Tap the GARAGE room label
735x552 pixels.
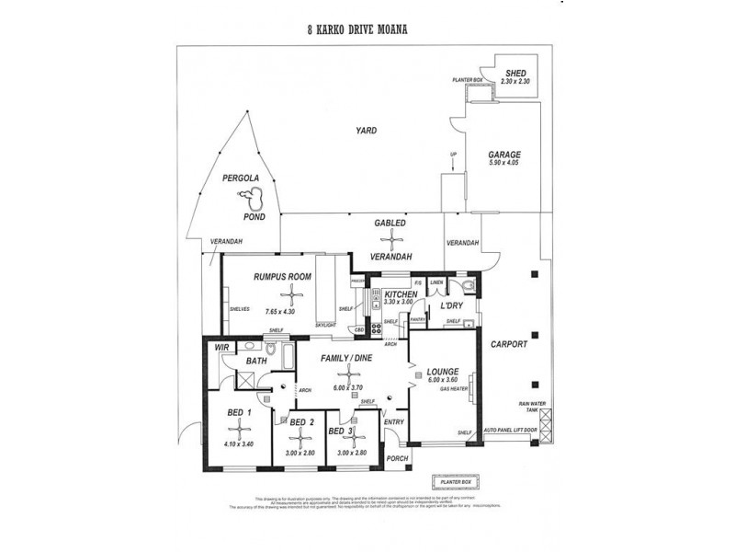tap(504, 155)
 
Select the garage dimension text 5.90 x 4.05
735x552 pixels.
tap(504, 164)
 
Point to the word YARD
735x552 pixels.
tap(367, 131)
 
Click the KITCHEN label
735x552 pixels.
tap(401, 293)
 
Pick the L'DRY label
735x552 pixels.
tap(450, 305)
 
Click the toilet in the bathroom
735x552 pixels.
tap(273, 350)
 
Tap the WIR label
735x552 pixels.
tap(220, 348)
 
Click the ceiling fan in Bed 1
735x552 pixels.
tap(242, 427)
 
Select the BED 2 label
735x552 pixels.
tap(302, 422)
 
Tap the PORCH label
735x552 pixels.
tap(398, 457)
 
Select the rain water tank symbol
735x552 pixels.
tap(547, 422)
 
